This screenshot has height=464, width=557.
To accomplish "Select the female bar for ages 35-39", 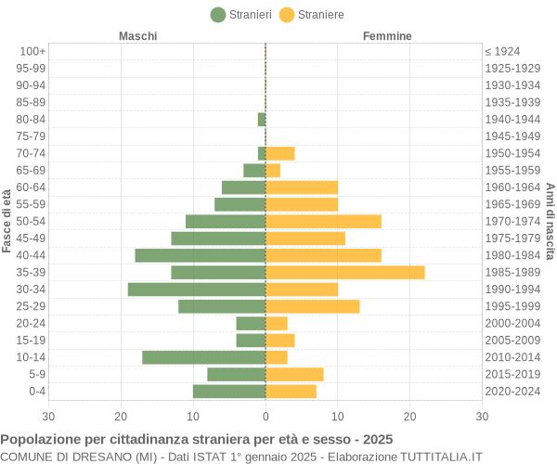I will tap(344, 272).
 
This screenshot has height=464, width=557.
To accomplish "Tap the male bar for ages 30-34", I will tap(197, 290).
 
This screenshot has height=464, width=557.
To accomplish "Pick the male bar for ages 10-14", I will tap(204, 357).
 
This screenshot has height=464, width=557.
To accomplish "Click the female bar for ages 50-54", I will tap(323, 221).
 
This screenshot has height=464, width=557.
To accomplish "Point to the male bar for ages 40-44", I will tap(201, 255).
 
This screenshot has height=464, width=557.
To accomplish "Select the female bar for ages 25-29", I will tap(312, 306).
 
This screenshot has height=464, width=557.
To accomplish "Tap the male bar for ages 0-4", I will tap(229, 392).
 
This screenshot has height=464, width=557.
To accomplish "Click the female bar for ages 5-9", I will tap(294, 374).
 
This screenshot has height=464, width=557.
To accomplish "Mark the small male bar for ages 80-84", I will tap(262, 119).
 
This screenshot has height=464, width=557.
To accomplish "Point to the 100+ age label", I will tap(32, 51).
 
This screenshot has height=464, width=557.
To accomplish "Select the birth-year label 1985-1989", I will tap(512, 272).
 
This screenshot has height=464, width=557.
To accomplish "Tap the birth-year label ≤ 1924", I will tap(502, 51).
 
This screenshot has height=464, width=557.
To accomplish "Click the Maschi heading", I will tap(138, 36).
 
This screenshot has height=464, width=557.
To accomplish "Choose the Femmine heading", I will tap(387, 36).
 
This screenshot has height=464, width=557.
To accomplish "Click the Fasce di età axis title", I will tap(7, 220).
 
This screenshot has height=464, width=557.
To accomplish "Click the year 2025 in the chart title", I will tap(377, 439).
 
